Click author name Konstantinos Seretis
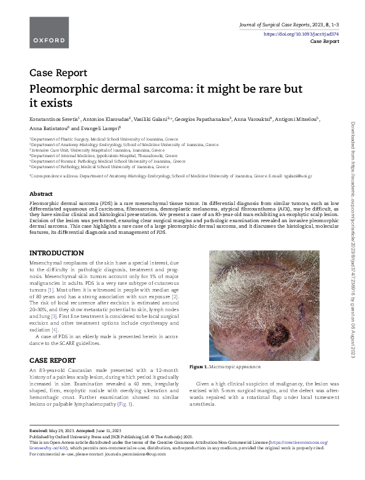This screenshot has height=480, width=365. pos(55,117)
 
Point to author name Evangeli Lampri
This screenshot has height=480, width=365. pos(102,129)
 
